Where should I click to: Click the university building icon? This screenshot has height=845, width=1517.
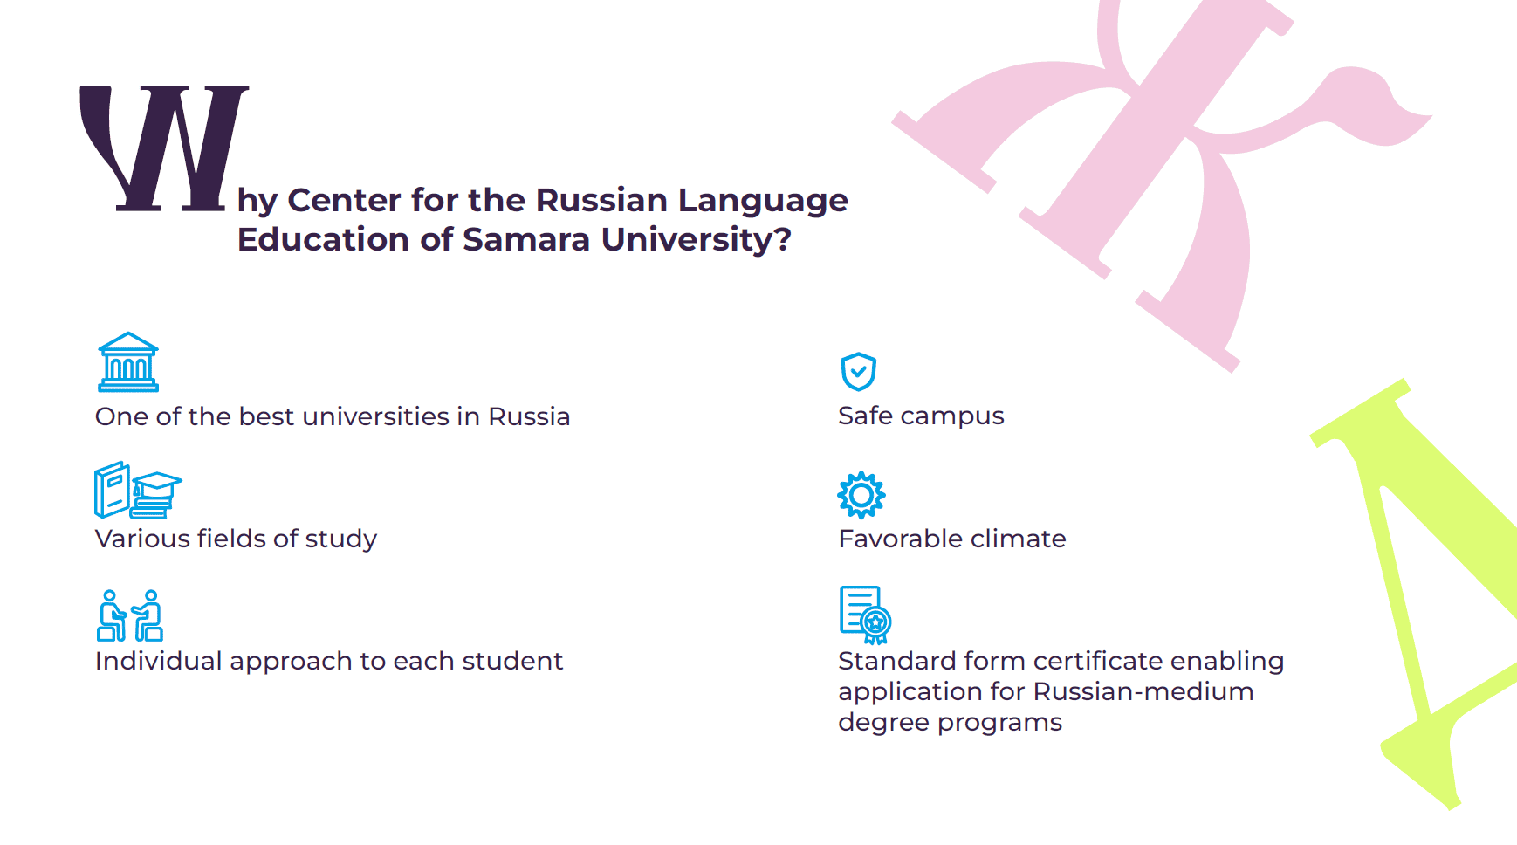coord(128,362)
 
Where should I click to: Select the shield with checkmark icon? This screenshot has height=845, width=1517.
coord(858,372)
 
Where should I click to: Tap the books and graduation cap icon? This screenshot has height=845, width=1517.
coord(138,491)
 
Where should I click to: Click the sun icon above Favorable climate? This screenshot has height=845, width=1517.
coord(861,495)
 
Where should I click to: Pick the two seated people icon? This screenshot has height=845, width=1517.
coord(130,615)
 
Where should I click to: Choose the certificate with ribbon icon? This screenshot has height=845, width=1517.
coord(865,615)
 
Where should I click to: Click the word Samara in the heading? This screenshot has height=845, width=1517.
coord(526,239)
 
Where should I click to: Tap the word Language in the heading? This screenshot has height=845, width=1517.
coord(763,201)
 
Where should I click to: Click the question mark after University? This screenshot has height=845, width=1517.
coord(783,238)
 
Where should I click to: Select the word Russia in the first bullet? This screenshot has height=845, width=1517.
coord(529,416)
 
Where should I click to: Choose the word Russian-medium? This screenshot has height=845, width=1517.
coord(1143,691)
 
